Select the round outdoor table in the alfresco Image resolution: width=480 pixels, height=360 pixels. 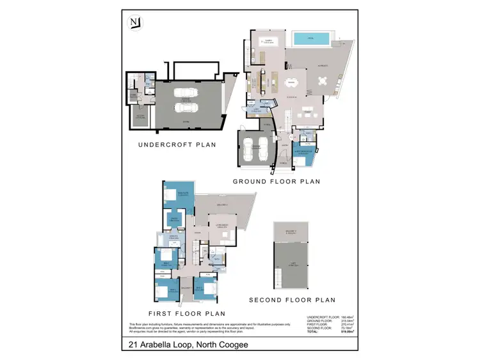323,82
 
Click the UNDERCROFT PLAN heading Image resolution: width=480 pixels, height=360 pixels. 177,145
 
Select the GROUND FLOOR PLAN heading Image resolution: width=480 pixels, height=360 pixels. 276,182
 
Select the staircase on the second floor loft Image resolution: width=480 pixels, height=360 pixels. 278,276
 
